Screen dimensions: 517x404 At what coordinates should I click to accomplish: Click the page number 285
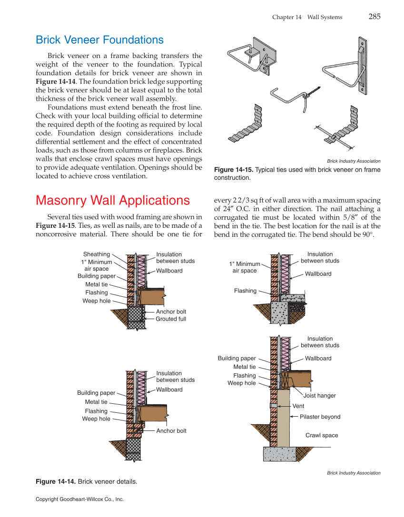[x=374, y=17]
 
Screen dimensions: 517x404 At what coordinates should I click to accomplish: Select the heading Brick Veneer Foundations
[x=99, y=40]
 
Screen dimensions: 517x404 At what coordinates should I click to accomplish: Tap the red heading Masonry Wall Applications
[x=113, y=200]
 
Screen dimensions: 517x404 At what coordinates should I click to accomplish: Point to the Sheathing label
[x=97, y=254]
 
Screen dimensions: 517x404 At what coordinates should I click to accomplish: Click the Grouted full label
[x=171, y=319]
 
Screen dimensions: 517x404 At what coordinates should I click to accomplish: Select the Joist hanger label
[x=319, y=396]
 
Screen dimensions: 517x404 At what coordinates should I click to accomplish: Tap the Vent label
[x=298, y=406]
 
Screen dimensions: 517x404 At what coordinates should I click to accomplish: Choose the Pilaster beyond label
[x=320, y=417]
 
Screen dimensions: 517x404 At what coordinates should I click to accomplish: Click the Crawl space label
[x=322, y=436]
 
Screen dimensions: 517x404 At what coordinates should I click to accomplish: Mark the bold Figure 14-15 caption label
[x=234, y=170]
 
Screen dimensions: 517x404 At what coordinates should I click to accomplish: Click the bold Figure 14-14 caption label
[x=56, y=482]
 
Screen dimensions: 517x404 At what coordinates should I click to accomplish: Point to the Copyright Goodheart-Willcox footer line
[x=79, y=499]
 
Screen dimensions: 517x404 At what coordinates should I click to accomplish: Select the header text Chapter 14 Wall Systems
[x=307, y=17]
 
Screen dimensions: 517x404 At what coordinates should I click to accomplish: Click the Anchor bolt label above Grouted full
[x=171, y=312]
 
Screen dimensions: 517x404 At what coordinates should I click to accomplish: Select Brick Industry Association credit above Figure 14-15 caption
[x=354, y=161]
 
